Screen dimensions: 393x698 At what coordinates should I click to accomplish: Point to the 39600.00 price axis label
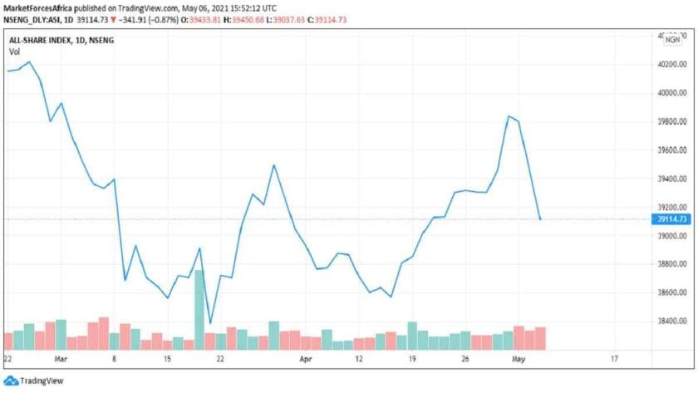671,150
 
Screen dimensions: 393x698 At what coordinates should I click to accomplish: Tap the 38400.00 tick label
671,321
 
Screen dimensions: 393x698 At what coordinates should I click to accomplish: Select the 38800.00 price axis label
671,264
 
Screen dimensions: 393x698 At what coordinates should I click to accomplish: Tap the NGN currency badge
671,39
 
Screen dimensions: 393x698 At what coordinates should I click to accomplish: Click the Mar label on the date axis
60,358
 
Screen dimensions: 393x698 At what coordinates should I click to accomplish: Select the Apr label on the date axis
305,358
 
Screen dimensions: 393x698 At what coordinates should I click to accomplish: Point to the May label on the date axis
519,358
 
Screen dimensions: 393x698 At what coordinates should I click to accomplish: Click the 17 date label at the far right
614,358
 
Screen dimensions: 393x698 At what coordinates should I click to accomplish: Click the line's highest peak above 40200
30,61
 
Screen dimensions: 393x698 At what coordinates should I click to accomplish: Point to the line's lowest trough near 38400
210,323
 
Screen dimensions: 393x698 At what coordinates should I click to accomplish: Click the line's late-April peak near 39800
508,116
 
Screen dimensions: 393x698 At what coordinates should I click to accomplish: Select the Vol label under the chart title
14,52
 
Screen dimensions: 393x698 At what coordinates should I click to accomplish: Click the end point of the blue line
541,219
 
